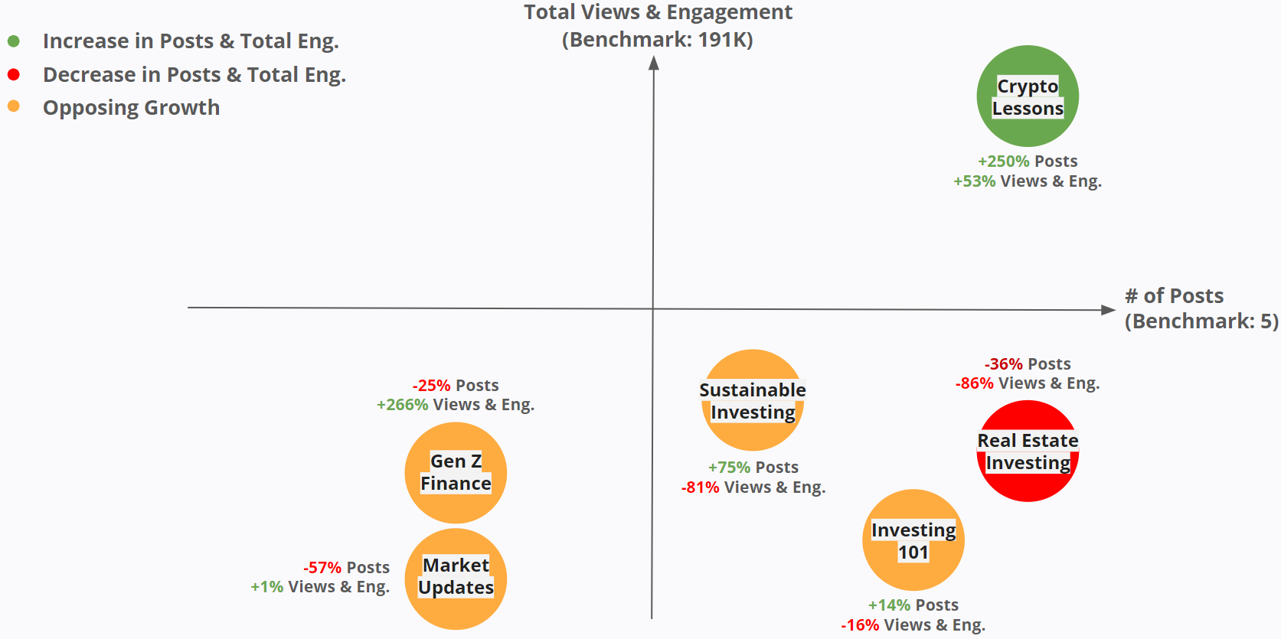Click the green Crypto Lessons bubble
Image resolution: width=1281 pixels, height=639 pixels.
point(1028,96)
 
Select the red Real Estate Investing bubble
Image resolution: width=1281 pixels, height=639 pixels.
point(1028,451)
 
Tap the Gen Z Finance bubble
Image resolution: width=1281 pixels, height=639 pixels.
point(456,472)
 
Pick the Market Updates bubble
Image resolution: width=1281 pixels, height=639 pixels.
point(456,579)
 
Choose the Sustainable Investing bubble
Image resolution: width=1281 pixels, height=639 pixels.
point(753,400)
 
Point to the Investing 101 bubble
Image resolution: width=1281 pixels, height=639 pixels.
point(913,540)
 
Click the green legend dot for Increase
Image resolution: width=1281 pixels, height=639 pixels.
point(14,41)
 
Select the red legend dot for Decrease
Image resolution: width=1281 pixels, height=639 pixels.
point(14,74)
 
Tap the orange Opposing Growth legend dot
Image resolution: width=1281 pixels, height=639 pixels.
point(14,106)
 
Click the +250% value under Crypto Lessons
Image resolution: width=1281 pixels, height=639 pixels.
point(1003,161)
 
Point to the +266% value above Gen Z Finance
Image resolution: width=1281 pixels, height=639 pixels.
point(402,405)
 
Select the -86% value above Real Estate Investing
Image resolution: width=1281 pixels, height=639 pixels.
point(974,383)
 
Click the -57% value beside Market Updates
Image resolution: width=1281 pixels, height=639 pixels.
point(322,568)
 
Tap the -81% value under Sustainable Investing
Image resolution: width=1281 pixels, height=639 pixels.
point(700,487)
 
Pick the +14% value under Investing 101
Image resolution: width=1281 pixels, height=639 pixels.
point(889,605)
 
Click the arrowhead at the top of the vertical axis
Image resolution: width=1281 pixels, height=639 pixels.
point(654,63)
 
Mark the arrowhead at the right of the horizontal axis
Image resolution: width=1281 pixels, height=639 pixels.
point(1108,310)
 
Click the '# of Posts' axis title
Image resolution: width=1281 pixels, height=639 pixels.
point(1174,296)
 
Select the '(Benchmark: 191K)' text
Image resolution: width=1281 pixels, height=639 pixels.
point(658,40)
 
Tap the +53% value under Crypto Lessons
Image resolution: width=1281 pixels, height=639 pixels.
point(974,181)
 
